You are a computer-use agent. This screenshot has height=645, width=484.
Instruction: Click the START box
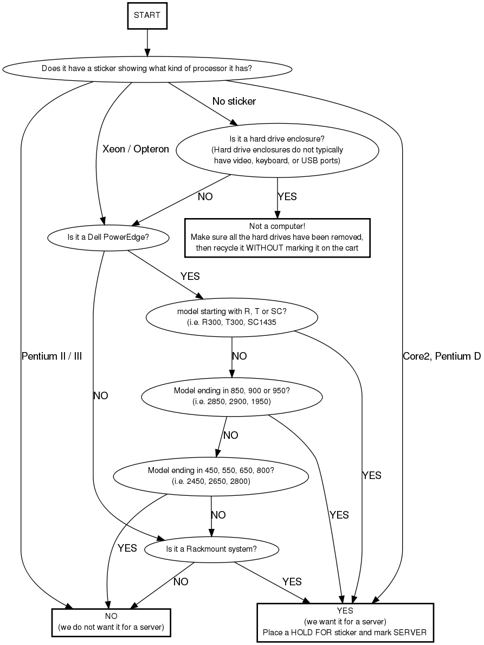pos(147,15)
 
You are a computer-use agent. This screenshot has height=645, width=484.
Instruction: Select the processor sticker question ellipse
pos(147,69)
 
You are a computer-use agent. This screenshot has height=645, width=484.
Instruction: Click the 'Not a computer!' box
pos(277,237)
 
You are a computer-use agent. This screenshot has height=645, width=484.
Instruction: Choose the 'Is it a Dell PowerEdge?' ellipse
pos(108,237)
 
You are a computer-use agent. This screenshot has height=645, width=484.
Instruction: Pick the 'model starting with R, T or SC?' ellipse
pos(232,316)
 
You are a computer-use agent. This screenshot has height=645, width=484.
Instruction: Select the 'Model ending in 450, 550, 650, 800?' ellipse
pos(211,475)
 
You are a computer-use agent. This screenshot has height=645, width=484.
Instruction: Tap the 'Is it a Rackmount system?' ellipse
pos(211,548)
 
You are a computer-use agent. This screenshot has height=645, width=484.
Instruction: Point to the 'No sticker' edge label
pos(234,101)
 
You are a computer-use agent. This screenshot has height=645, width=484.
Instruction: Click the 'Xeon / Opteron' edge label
pos(135,149)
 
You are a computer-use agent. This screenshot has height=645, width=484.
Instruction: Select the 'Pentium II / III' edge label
pos(51,356)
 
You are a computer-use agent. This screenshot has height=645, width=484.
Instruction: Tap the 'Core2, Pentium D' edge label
pos(442,356)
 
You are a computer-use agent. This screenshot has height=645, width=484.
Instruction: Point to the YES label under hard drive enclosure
pos(287,196)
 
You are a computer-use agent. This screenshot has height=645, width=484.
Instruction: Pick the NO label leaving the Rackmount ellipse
pos(180,582)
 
